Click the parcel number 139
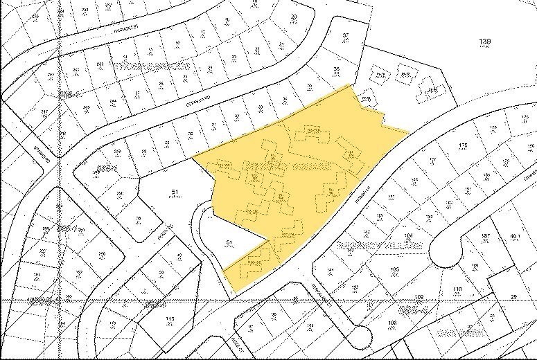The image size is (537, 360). point(484,42)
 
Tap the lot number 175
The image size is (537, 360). point(461,145)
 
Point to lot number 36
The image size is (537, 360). point(337,69)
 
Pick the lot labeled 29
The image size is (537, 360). point(294,16)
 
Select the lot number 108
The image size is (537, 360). point(391,323)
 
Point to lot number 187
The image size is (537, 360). point(485,237)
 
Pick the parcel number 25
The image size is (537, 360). point(513,298)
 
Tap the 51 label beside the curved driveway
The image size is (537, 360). point(229,242)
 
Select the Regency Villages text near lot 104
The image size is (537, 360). point(370,248)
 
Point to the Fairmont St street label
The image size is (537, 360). point(128,29)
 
